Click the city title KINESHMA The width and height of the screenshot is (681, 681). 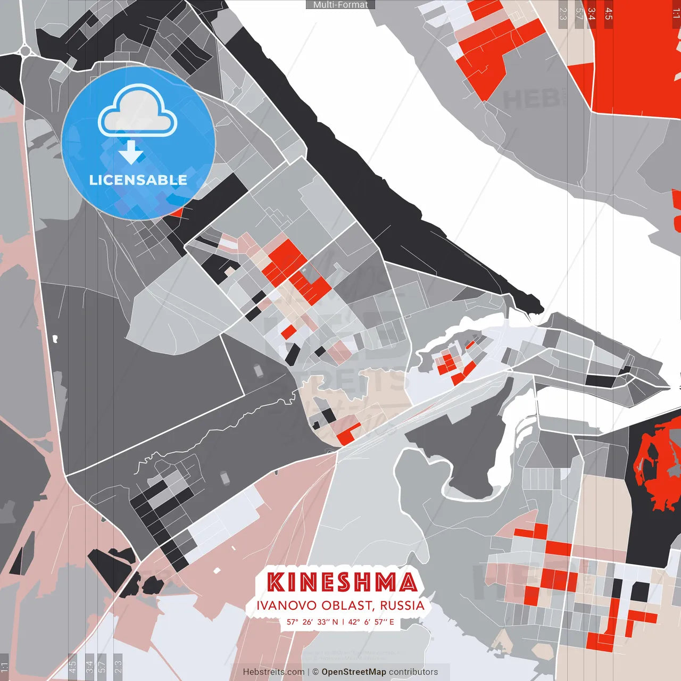point(341,582)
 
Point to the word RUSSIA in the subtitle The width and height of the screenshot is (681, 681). point(402,605)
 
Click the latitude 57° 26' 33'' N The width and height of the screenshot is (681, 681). point(312,622)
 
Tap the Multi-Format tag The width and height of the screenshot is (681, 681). point(340,5)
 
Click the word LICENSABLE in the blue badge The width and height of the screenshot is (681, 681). point(138,180)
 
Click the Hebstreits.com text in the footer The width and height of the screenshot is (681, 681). point(273,672)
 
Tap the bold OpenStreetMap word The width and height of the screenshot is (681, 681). point(353,672)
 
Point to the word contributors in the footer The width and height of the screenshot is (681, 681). point(413,672)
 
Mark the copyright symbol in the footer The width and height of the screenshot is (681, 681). point(315,672)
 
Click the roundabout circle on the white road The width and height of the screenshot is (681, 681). point(25,51)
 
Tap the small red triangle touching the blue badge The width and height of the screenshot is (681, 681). point(177,212)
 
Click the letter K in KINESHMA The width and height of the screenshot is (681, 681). point(276,582)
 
